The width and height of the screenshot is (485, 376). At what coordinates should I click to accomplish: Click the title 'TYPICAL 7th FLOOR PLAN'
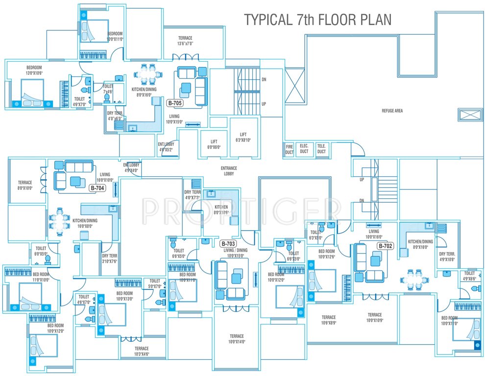pyautogui.click(x=318, y=20)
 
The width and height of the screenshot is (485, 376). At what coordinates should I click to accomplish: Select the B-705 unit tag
pyautogui.click(x=175, y=103)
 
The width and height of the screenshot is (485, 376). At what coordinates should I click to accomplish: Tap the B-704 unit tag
pyautogui.click(x=97, y=187)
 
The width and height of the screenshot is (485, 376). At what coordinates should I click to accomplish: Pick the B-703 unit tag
pyautogui.click(x=228, y=243)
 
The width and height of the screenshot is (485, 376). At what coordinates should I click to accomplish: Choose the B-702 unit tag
pyautogui.click(x=385, y=246)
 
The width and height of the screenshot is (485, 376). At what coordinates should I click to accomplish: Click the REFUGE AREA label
pyautogui.click(x=392, y=111)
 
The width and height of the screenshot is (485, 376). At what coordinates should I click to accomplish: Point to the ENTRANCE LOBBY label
pyautogui.click(x=229, y=171)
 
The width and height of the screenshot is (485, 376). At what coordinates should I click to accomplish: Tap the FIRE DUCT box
pyautogui.click(x=290, y=149)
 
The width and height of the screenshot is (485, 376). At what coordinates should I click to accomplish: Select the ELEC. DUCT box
pyautogui.click(x=304, y=149)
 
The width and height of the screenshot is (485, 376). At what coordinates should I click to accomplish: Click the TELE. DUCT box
pyautogui.click(x=321, y=149)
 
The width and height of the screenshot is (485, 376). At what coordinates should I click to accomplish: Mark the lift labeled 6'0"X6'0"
pyautogui.click(x=214, y=144)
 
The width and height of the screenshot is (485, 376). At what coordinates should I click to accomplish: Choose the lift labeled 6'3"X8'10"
pyautogui.click(x=243, y=137)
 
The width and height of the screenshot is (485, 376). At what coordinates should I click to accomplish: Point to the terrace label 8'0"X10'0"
pyautogui.click(x=25, y=185)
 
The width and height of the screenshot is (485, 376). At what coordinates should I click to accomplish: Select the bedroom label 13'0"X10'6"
pyautogui.click(x=34, y=70)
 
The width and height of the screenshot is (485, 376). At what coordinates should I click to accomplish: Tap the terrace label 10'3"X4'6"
pyautogui.click(x=142, y=351)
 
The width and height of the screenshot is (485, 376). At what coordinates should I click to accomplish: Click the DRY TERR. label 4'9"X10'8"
pyautogui.click(x=447, y=257)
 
